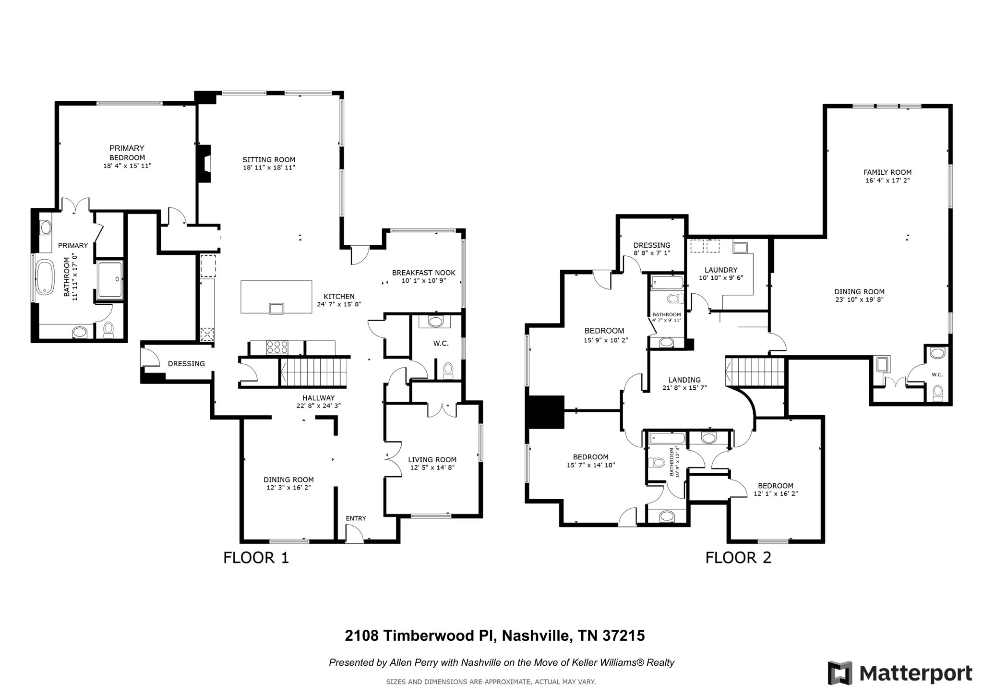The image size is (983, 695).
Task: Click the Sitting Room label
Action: pos(269,160)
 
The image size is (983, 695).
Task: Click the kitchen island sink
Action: pos(276,308)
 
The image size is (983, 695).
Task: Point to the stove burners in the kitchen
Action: pos(277,347)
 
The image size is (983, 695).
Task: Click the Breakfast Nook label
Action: pos(424,273)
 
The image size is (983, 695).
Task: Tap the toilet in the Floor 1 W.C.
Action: pos(448,370)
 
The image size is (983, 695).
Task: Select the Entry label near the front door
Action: pos(356,518)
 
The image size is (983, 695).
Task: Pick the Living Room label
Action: pos(432,460)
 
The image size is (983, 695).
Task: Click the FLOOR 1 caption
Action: pos(256,558)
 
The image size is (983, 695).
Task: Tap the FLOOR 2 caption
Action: pos(738,558)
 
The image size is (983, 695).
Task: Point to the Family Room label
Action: pos(887,172)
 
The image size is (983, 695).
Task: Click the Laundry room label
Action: pos(721,270)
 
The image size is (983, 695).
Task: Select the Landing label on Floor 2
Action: pos(684,380)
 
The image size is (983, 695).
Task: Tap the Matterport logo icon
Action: pos(840,673)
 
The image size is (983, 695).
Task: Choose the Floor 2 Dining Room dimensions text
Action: pos(859,300)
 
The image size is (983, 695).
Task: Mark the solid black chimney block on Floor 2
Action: pos(545,412)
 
